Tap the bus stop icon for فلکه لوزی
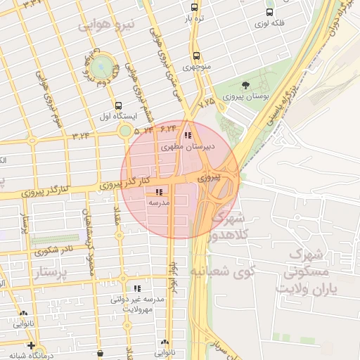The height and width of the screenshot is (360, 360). click(269, 12)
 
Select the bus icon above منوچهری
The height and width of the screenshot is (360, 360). click(195, 56)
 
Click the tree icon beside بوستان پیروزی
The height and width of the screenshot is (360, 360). click(245, 86)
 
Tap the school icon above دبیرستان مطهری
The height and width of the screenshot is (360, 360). click(187, 135)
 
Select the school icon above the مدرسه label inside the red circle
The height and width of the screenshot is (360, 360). click(159, 191)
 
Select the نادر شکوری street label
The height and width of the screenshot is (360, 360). click(53, 249)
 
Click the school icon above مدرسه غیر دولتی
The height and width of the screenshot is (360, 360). click(137, 288)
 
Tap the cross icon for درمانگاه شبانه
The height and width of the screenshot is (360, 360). click(31, 345)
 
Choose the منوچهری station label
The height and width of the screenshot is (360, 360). click(197, 67)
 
